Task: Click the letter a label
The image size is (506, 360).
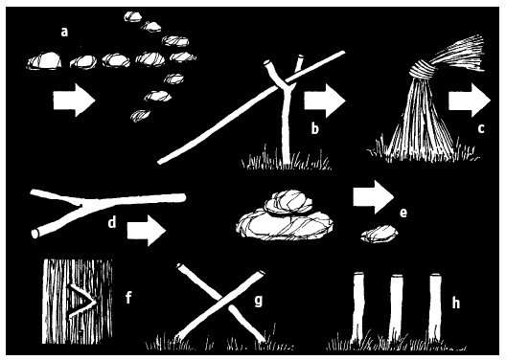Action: click(x=64, y=33)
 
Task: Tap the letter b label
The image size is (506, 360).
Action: click(x=314, y=128)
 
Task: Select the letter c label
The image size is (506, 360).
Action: click(x=481, y=128)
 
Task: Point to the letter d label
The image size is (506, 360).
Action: click(x=112, y=222)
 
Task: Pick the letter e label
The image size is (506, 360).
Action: click(x=403, y=213)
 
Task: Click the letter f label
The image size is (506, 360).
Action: click(x=128, y=297)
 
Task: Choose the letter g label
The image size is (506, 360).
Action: click(x=258, y=301)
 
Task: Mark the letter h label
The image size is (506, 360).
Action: click(x=455, y=303)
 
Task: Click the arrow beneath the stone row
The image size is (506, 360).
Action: click(x=74, y=101)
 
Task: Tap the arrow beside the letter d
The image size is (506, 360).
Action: click(x=147, y=231)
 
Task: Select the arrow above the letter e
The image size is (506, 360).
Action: click(x=374, y=197)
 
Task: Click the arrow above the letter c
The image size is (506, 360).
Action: click(x=470, y=101)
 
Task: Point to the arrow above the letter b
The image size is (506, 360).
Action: click(x=325, y=101)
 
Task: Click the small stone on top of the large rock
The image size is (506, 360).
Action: click(x=288, y=202)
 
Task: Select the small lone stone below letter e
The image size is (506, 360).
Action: click(x=379, y=234)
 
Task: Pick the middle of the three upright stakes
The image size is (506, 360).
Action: click(x=396, y=308)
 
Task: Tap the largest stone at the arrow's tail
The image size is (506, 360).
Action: click(x=44, y=61)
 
